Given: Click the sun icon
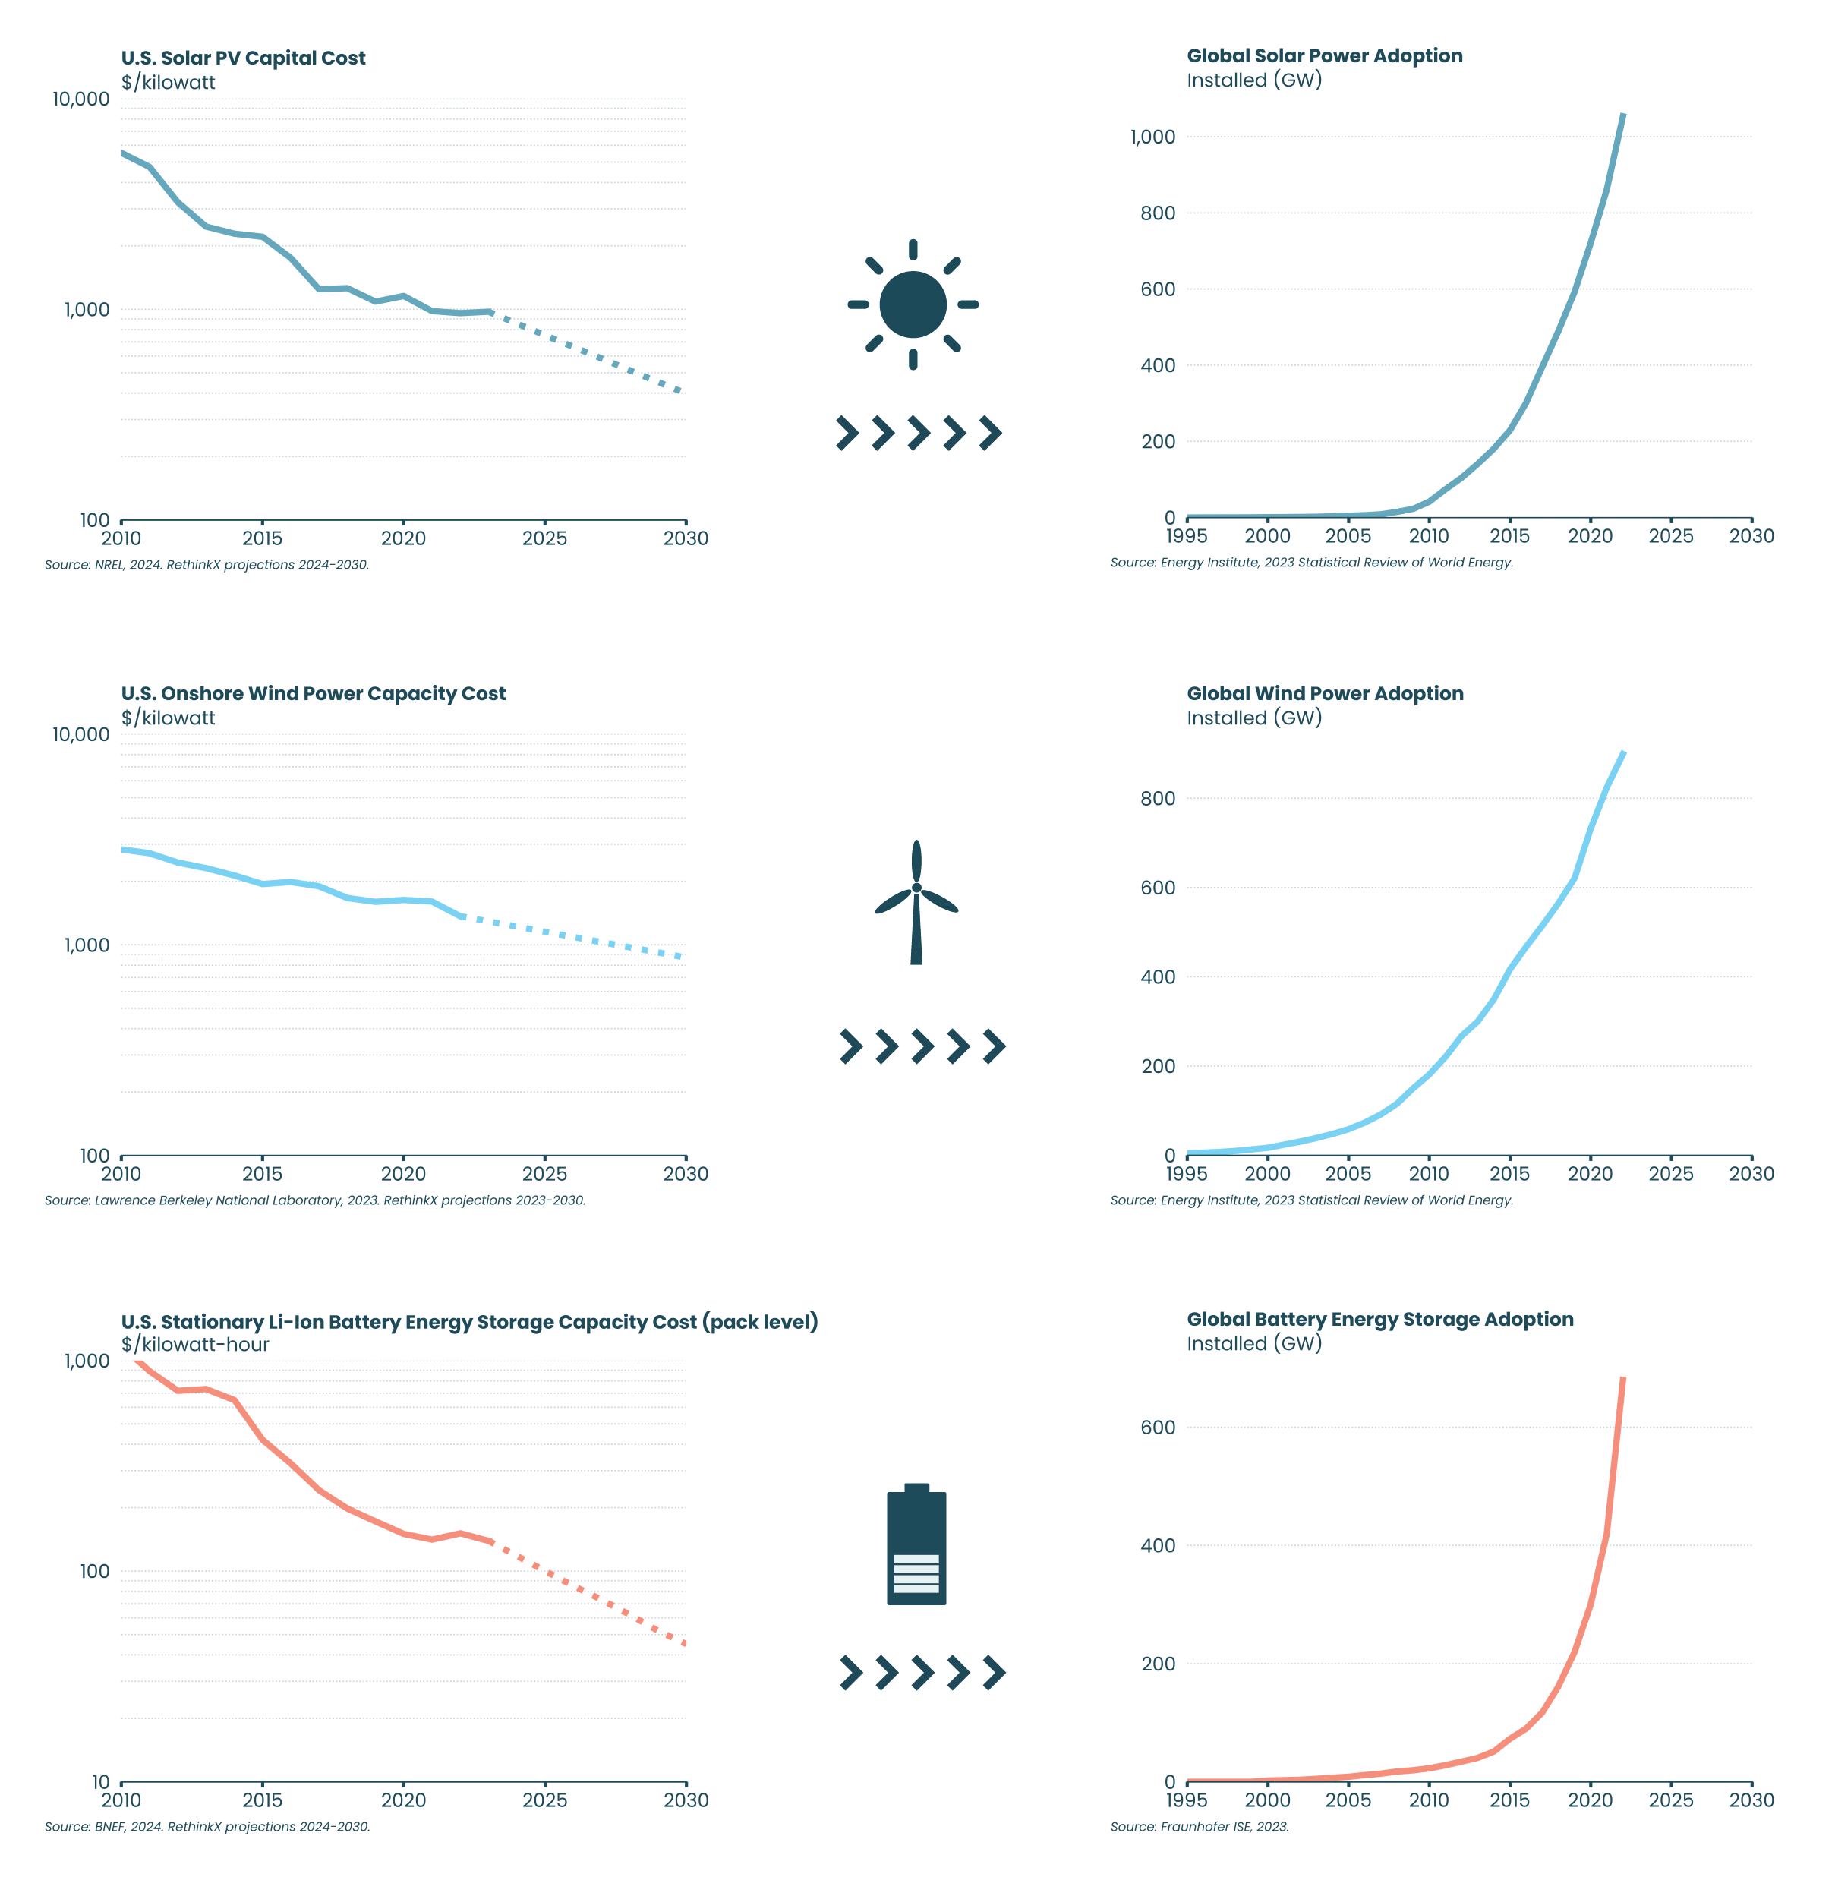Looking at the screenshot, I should click(x=912, y=304).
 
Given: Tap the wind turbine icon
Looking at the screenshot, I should click(x=916, y=901).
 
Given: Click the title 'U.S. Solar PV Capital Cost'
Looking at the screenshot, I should click(x=243, y=58).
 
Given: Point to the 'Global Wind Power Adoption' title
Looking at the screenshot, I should click(x=1324, y=693).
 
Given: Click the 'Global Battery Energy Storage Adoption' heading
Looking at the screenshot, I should click(x=1379, y=1320).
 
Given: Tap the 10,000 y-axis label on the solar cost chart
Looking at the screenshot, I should click(x=81, y=99).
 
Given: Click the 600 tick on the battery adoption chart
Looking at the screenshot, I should click(x=1158, y=1428).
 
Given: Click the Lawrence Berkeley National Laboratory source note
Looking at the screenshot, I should click(x=314, y=1200).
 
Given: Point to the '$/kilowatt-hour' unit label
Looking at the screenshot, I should click(x=195, y=1345).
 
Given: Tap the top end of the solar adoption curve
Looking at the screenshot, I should click(x=1622, y=116).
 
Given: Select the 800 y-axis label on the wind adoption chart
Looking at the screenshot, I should click(x=1158, y=798).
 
